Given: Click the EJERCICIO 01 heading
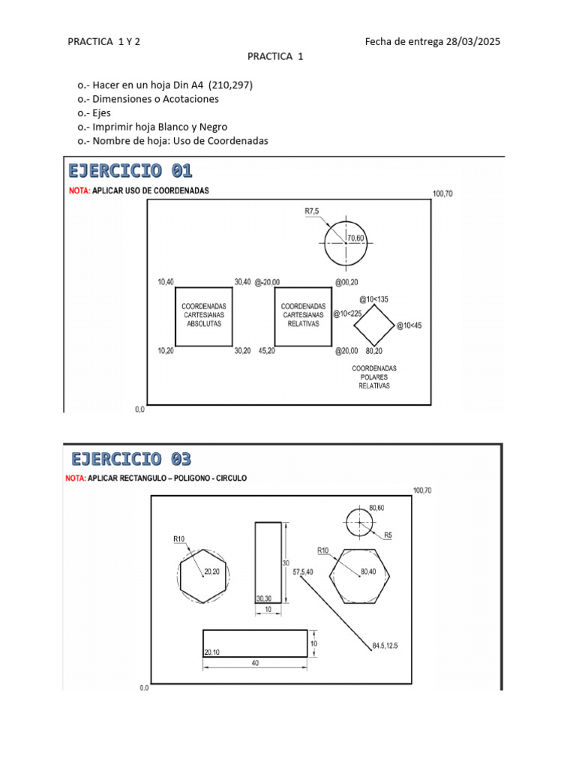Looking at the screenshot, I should (130, 170).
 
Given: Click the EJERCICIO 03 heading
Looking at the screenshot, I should (131, 458).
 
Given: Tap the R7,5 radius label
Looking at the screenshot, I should (312, 211).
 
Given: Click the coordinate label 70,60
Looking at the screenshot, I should (355, 238).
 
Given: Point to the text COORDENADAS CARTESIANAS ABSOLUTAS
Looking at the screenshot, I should (204, 315).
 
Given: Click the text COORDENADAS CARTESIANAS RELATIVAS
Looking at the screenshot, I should (303, 315).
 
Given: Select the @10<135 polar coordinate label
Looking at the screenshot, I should (373, 299).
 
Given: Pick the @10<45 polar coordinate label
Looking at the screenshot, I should (409, 325).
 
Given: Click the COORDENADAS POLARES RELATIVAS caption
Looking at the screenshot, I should (374, 377).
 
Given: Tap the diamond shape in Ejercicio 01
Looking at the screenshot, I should (373, 325).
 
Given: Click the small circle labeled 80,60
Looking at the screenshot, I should (359, 523).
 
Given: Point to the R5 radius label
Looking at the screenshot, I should (388, 535).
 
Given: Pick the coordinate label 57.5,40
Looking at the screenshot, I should (304, 572).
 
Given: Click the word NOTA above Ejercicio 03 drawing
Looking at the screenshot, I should (75, 478).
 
